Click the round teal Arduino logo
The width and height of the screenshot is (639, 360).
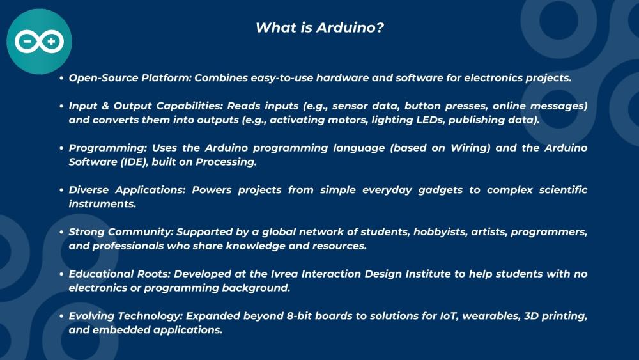(39, 42)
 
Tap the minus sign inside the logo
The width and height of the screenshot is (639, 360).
(27, 42)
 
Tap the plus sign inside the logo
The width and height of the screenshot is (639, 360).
(51, 42)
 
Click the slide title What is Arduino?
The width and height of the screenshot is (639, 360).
(319, 27)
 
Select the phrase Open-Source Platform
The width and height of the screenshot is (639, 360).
(129, 78)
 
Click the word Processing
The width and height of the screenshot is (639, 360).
(226, 162)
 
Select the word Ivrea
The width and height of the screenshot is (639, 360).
(284, 274)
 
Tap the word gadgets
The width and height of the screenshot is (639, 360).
(440, 190)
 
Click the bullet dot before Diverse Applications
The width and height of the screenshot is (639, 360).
(61, 190)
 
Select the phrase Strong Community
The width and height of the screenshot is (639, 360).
(121, 232)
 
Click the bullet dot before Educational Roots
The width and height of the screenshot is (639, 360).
(61, 274)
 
